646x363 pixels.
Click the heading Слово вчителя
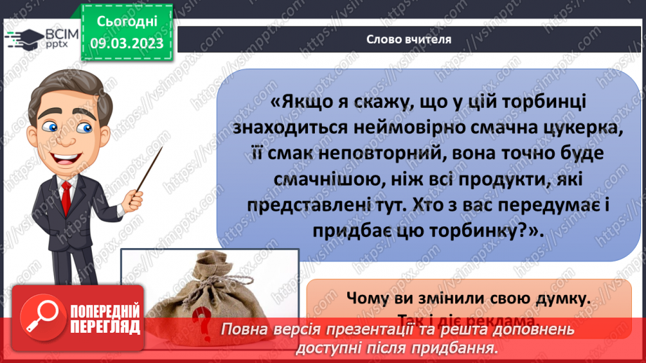click(x=408, y=39)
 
